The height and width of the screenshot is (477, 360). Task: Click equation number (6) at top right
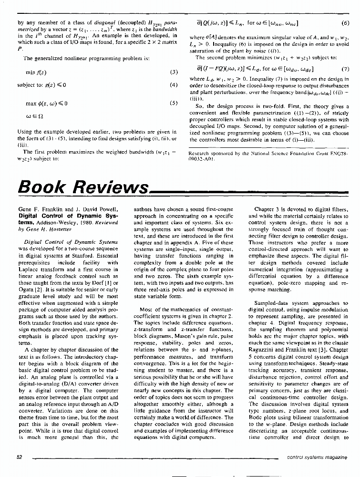346,22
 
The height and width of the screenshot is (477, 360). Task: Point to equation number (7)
346,69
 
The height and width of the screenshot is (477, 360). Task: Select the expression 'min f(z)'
36,73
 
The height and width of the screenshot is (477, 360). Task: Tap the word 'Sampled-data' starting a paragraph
271,303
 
